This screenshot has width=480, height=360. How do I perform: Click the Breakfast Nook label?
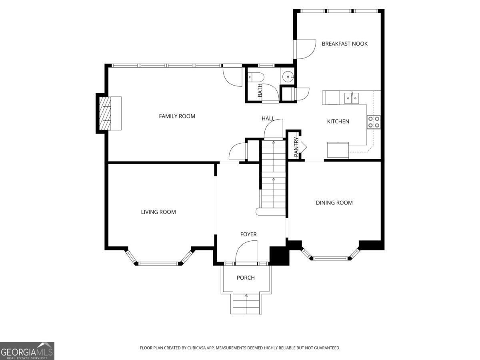pyautogui.click(x=344, y=44)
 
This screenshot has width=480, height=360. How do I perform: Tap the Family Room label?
pyautogui.click(x=177, y=116)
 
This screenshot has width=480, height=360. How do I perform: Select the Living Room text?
pyautogui.click(x=158, y=212)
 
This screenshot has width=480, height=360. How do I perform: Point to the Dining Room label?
pyautogui.click(x=334, y=203)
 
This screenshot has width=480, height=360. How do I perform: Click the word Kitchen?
pyautogui.click(x=338, y=122)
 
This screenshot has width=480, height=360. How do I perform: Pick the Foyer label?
pyautogui.click(x=248, y=234)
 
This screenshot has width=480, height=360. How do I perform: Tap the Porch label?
pyautogui.click(x=246, y=278)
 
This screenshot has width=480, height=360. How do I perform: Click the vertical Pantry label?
pyautogui.click(x=296, y=147)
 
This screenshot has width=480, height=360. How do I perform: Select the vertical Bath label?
pyautogui.click(x=260, y=90)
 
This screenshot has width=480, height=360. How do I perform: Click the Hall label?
pyautogui.click(x=268, y=118)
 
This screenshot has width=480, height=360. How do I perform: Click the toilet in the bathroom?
pyautogui.click(x=254, y=76)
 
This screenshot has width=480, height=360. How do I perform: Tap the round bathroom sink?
pyautogui.click(x=288, y=76)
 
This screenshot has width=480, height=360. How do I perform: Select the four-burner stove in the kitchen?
pyautogui.click(x=374, y=122)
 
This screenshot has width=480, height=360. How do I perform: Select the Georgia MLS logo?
pyautogui.click(x=27, y=351)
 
